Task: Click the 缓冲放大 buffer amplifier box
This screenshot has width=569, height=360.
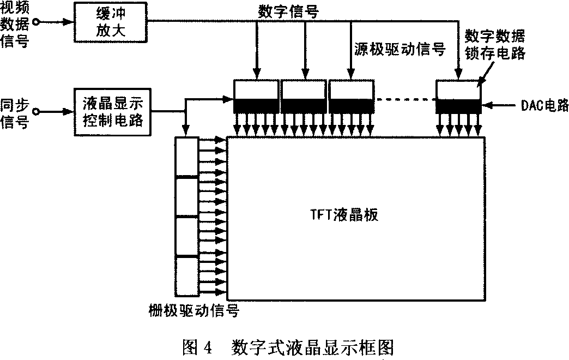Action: click(111, 22)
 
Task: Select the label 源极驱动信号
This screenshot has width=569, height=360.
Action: click(397, 50)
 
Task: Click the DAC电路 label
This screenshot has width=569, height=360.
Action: click(543, 105)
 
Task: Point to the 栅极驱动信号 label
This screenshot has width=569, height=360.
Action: click(194, 311)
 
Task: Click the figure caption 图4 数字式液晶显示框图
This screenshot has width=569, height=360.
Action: click(289, 346)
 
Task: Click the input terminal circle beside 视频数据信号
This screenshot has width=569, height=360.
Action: click(37, 22)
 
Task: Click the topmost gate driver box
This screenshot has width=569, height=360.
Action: click(186, 157)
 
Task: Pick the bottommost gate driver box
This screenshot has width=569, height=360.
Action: click(186, 275)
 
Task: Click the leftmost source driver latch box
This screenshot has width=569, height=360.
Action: click(256, 89)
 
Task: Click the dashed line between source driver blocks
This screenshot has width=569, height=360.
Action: click(406, 99)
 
